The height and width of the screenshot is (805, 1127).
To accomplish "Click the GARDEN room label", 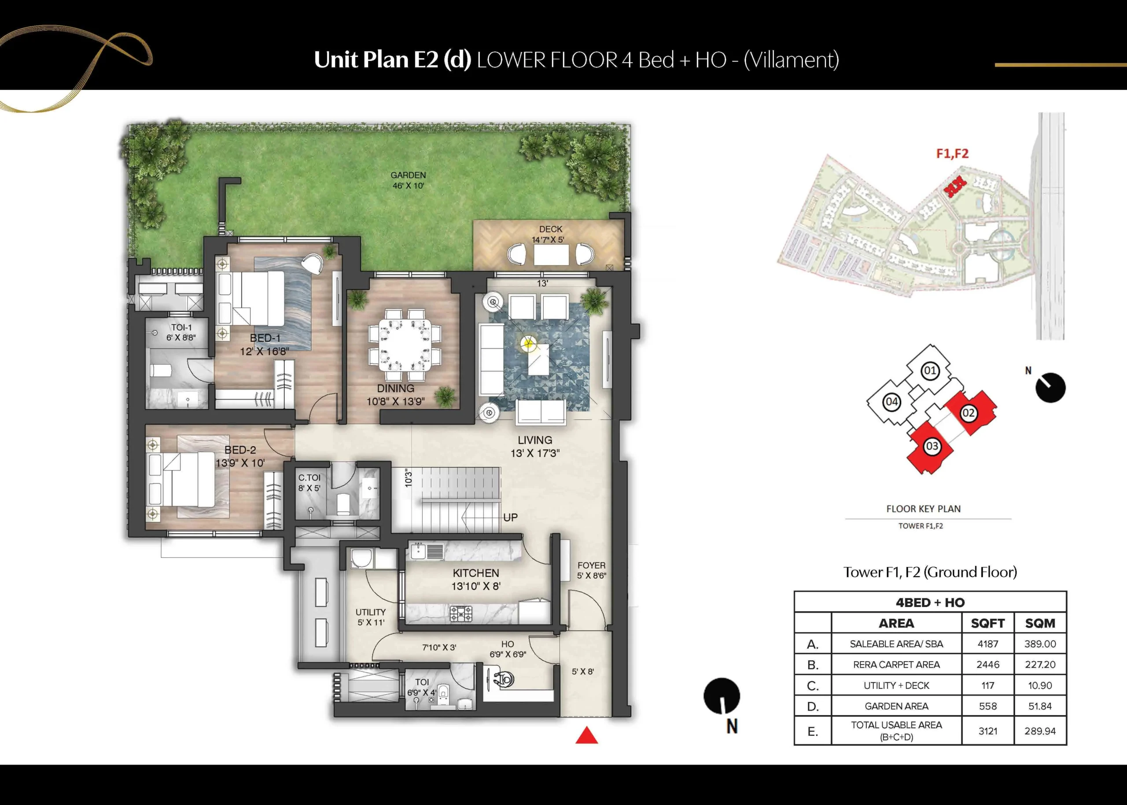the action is click(x=408, y=175).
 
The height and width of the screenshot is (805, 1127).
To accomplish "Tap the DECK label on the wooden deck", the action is click(x=550, y=229).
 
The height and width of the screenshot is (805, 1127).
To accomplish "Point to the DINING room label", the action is click(x=395, y=389).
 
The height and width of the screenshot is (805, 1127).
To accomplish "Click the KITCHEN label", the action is click(x=475, y=573).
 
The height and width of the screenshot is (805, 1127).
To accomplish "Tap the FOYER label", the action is click(x=591, y=565).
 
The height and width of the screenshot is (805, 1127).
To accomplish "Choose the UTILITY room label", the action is click(x=370, y=612).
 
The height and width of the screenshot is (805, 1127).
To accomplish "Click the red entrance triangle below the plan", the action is click(x=586, y=735).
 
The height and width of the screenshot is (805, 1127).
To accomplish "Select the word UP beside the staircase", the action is click(x=510, y=518).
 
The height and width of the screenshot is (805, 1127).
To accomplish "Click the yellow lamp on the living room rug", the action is click(x=528, y=342).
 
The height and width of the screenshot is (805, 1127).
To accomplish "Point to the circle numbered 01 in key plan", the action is click(x=930, y=370).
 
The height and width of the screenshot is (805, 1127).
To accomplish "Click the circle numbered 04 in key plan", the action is click(x=891, y=402).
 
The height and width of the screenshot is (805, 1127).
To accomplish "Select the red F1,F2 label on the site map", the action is click(x=952, y=154).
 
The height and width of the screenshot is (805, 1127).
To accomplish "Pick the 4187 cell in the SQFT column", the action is click(x=988, y=644).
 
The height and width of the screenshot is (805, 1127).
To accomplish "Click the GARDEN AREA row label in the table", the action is click(x=896, y=706).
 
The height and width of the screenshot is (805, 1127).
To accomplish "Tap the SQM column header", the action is click(x=1040, y=623).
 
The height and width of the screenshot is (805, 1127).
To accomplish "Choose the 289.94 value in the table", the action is click(x=1040, y=731).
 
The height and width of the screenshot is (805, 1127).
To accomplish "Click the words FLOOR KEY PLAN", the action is click(x=923, y=509).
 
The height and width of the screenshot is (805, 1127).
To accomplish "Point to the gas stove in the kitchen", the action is click(x=460, y=613).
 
